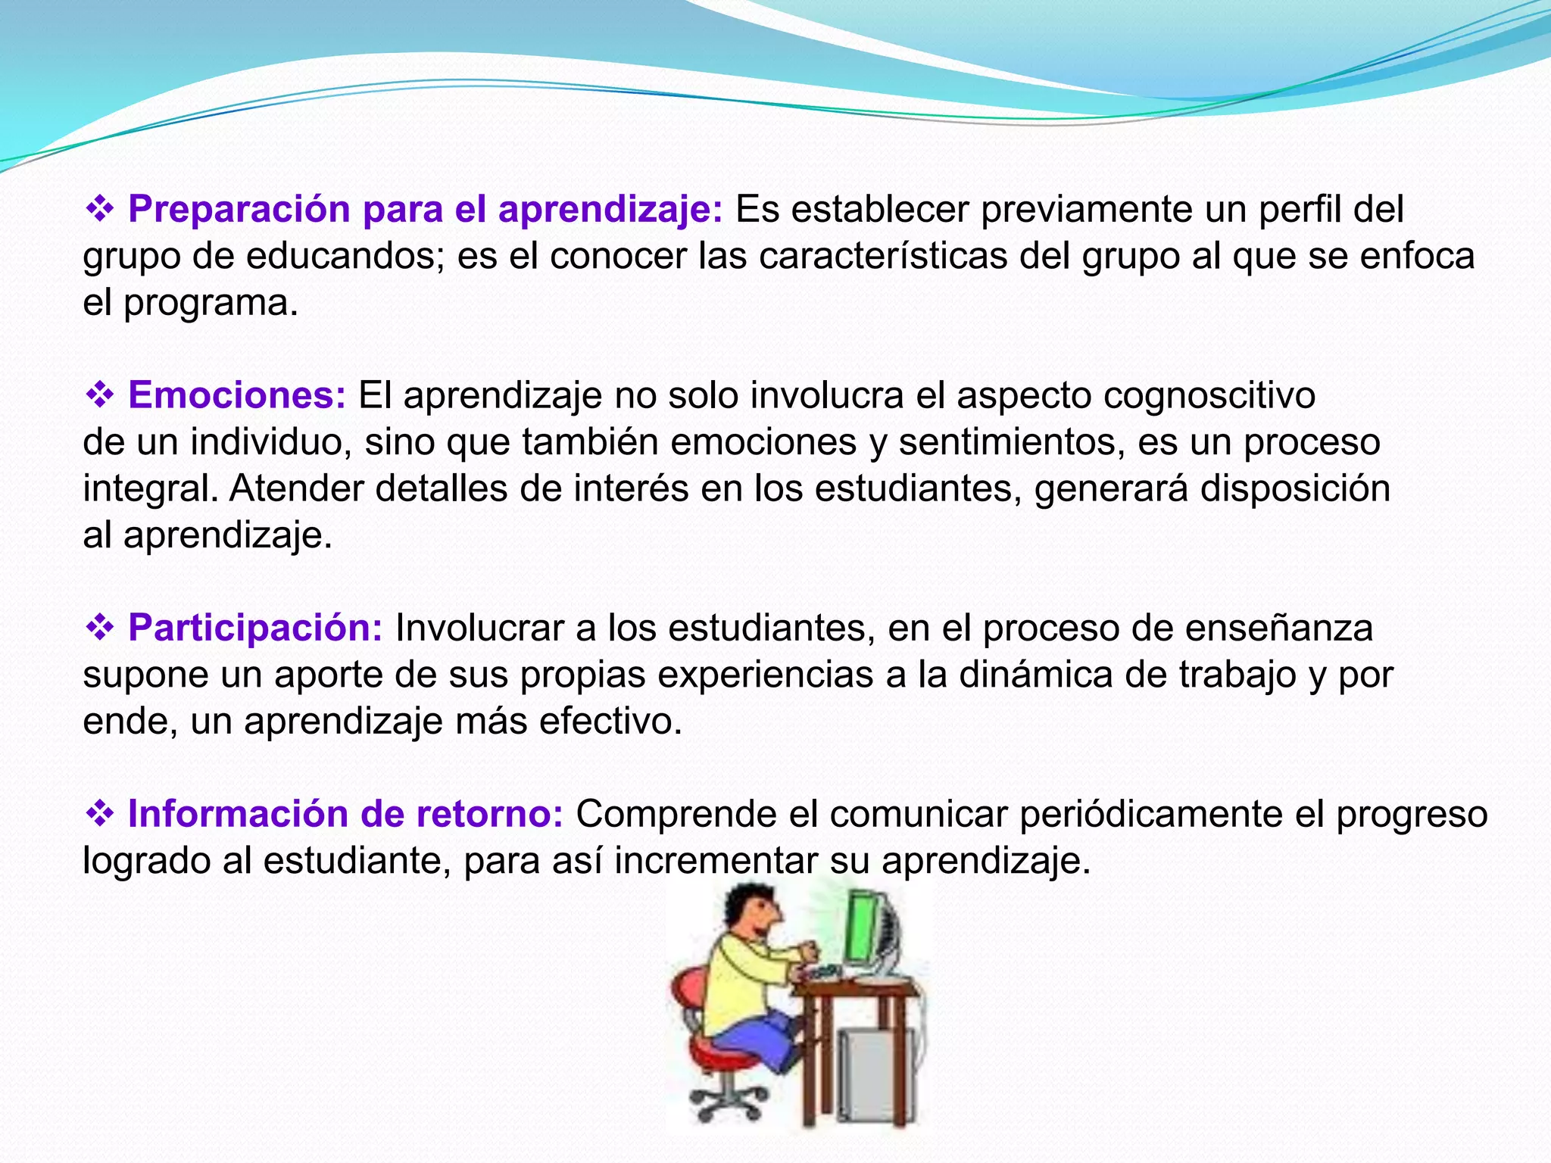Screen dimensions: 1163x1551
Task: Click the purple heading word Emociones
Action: pyautogui.click(x=237, y=395)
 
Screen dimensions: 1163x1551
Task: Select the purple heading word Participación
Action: pyautogui.click(x=255, y=628)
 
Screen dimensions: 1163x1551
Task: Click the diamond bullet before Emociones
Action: pyautogui.click(x=99, y=395)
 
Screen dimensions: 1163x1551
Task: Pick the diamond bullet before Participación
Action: pyautogui.click(x=99, y=628)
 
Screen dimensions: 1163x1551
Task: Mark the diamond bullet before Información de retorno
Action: pyautogui.click(x=99, y=814)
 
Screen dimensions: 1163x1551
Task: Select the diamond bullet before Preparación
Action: pyautogui.click(x=99, y=209)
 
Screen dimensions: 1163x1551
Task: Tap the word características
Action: pyautogui.click(x=883, y=256)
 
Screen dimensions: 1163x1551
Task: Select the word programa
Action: pyautogui.click(x=210, y=304)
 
